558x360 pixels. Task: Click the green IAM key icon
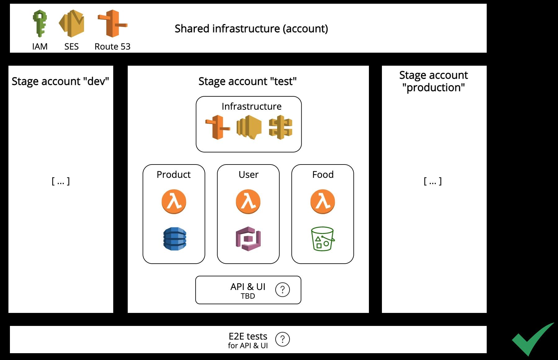[40, 24]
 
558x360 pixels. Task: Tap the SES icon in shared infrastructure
[72, 24]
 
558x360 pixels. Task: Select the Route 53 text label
[112, 46]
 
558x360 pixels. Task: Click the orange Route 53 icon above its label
[112, 24]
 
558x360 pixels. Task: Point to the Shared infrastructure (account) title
[251, 29]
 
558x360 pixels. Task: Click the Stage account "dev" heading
[60, 81]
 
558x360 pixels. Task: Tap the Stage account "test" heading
[247, 81]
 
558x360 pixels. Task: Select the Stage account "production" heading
[433, 81]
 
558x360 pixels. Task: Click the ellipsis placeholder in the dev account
[60, 181]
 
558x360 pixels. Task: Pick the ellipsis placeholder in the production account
[433, 181]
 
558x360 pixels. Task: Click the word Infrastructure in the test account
[251, 106]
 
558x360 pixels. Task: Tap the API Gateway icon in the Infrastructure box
[281, 127]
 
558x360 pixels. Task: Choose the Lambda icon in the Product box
[174, 202]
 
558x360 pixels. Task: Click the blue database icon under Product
[175, 239]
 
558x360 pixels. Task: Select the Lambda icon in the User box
[248, 202]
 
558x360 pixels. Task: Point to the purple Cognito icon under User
[248, 239]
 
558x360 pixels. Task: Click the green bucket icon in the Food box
[322, 239]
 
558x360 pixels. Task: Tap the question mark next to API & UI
[282, 290]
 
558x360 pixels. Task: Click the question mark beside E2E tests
[282, 339]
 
